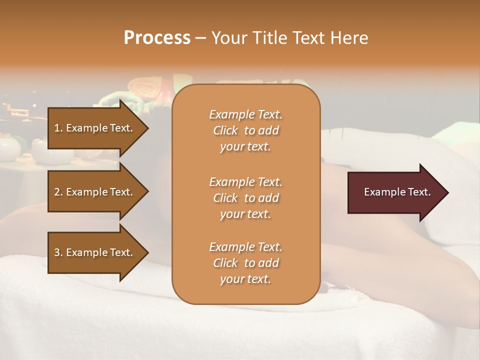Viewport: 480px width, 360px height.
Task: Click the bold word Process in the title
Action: [x=157, y=38]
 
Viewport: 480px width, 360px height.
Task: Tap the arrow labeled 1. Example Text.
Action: [x=95, y=128]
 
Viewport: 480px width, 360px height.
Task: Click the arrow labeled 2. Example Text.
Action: [x=95, y=192]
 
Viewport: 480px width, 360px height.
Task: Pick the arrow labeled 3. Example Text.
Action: [x=95, y=252]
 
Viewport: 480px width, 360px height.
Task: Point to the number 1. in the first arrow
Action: [x=58, y=128]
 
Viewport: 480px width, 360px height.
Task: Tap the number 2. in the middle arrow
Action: [x=58, y=192]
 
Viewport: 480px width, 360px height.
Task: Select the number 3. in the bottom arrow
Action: [x=58, y=252]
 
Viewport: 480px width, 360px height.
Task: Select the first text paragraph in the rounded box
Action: [x=245, y=130]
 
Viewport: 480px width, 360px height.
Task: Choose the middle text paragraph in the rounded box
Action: [x=245, y=198]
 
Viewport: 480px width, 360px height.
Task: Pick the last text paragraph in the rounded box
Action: [x=245, y=263]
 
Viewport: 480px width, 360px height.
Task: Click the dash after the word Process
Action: [x=200, y=38]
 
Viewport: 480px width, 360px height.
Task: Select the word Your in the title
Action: [x=225, y=38]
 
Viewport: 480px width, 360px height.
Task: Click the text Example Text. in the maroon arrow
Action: [x=397, y=192]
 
